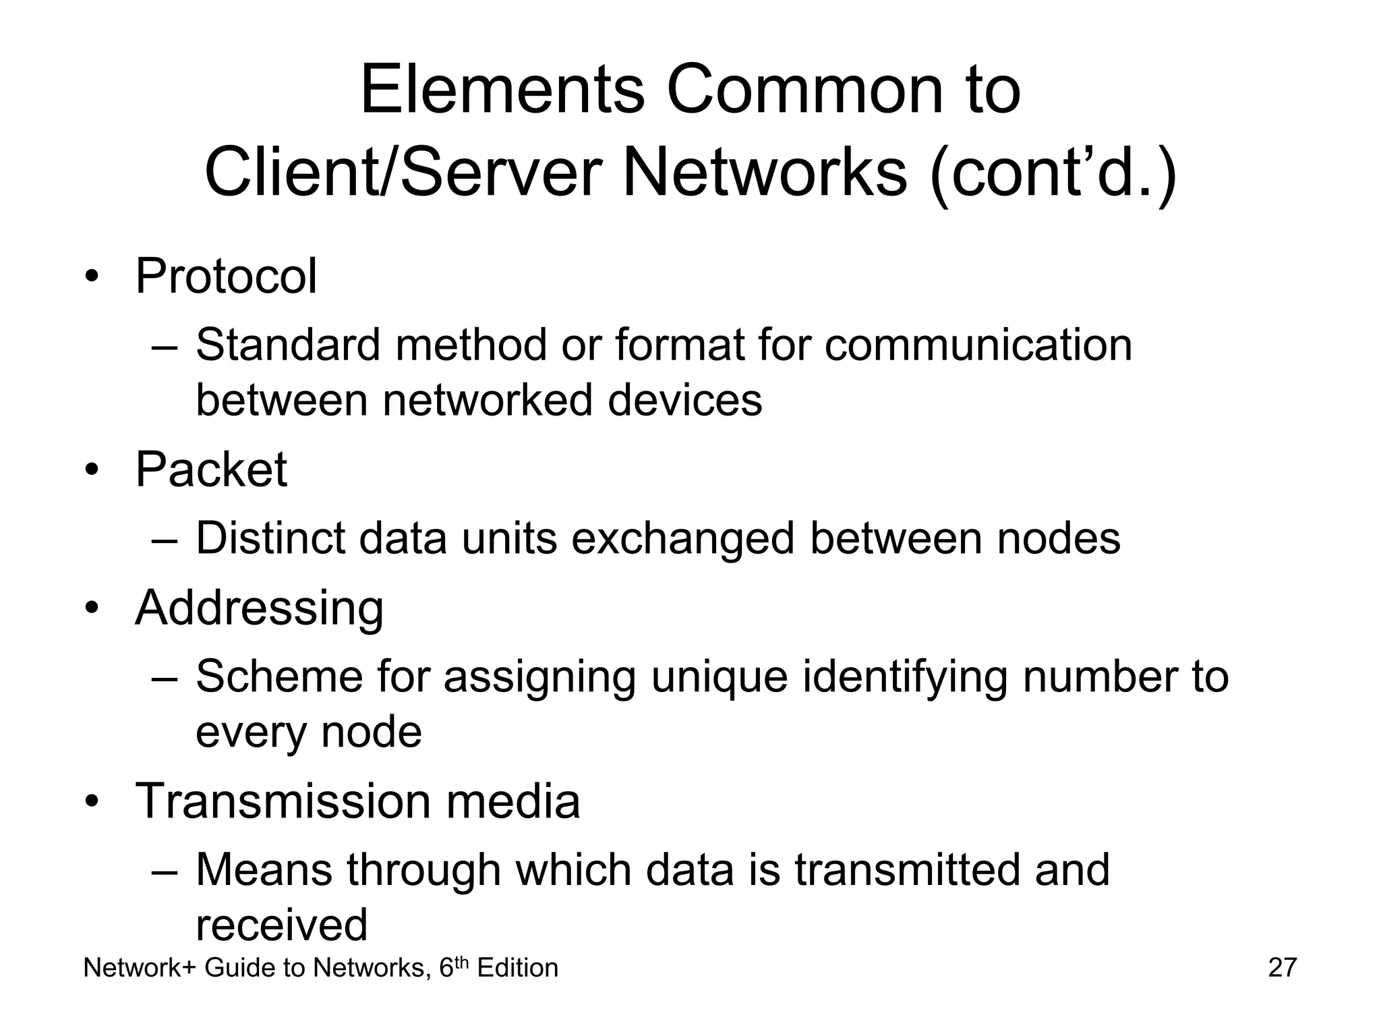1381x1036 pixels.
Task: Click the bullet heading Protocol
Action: pyautogui.click(x=226, y=276)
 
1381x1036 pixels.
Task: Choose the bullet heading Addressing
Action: pyautogui.click(x=259, y=608)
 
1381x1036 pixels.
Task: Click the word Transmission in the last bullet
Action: pyautogui.click(x=283, y=801)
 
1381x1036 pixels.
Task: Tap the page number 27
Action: pyautogui.click(x=1282, y=967)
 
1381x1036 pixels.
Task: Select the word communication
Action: pyautogui.click(x=978, y=345)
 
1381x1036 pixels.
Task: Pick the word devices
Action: pyautogui.click(x=684, y=400)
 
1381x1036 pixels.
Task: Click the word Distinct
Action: pyautogui.click(x=270, y=538)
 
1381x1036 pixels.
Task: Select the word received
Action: pyautogui.click(x=281, y=925)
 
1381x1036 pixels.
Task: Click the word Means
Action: pyautogui.click(x=264, y=869)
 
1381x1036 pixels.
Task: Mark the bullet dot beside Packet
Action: pyautogui.click(x=92, y=470)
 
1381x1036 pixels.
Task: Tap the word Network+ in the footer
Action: pyautogui.click(x=140, y=968)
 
